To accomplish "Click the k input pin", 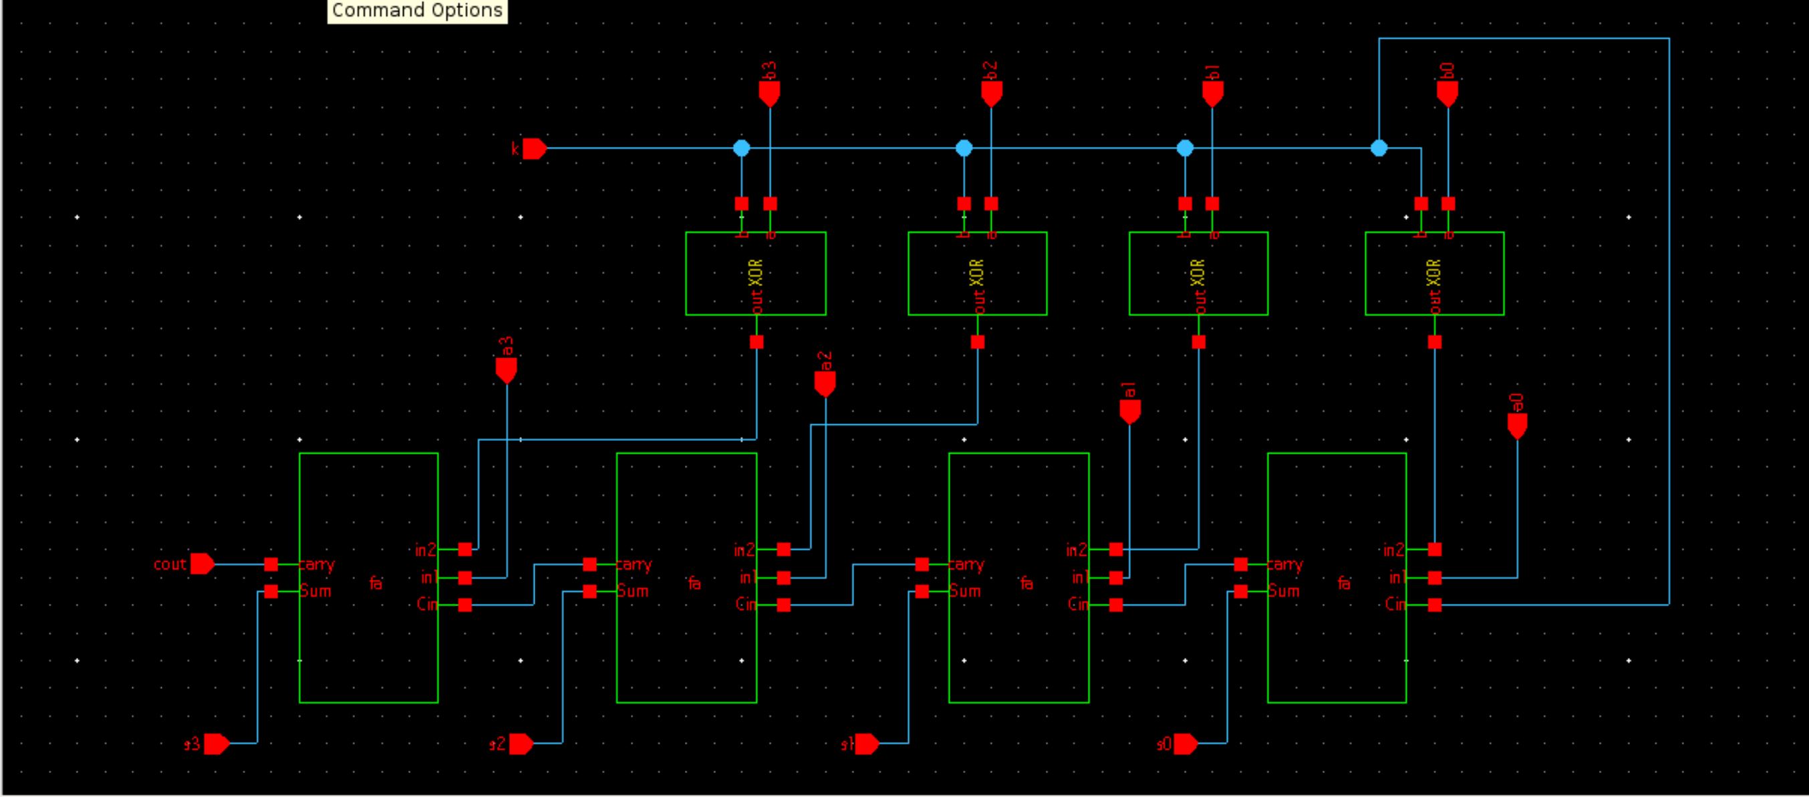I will (534, 149).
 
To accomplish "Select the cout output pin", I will (202, 564).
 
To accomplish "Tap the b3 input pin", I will (770, 92).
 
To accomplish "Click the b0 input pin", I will (1447, 92).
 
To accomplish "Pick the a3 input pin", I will (507, 369).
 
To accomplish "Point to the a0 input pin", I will (1517, 424).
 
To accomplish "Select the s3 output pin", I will (216, 744).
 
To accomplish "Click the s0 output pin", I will (1185, 744).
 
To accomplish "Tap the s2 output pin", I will (521, 744).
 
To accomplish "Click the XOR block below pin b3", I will (756, 274).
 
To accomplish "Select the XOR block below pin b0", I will (1434, 274).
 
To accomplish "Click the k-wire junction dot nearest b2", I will (964, 148).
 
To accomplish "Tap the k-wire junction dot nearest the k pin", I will (742, 148).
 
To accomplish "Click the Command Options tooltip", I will (417, 11).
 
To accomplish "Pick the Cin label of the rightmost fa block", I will (1395, 605).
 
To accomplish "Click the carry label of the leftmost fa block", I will (317, 565).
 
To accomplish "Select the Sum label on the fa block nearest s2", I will (633, 591).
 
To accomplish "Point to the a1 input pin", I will (1129, 410).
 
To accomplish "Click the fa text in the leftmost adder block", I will (376, 583).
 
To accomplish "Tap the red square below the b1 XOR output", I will (1199, 342).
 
